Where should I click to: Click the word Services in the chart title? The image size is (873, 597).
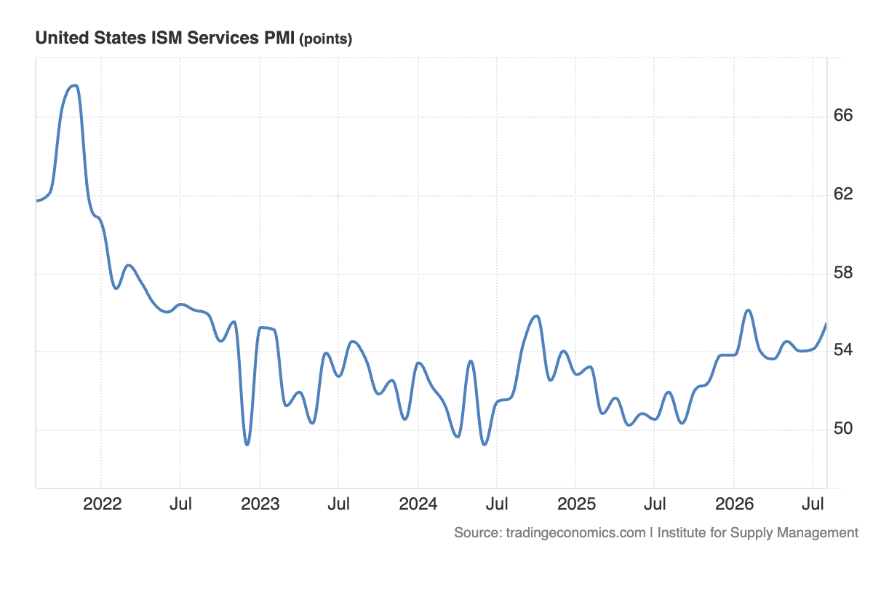[223, 38]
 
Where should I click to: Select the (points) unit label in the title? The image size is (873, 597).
[326, 39]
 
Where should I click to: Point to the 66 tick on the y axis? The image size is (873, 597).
[843, 116]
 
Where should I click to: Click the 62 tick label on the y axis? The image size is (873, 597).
[843, 194]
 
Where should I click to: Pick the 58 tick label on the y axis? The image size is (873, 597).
[843, 272]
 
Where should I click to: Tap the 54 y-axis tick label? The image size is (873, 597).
[843, 349]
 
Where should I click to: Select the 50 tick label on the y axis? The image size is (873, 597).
[843, 429]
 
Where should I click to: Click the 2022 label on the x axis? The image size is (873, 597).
[102, 505]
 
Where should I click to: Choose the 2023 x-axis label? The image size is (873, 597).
[260, 505]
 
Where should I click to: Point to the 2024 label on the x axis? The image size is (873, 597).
[418, 505]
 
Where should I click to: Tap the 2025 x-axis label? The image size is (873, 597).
[576, 505]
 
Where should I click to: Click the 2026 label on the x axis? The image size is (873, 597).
[734, 505]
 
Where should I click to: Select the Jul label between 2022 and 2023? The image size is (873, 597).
[180, 505]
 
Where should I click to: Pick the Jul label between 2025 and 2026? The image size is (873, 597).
[655, 505]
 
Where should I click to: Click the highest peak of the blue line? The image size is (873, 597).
[75, 85]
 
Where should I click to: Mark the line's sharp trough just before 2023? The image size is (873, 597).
[247, 445]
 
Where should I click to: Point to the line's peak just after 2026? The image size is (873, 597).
[749, 310]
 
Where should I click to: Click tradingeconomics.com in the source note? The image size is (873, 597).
[575, 533]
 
